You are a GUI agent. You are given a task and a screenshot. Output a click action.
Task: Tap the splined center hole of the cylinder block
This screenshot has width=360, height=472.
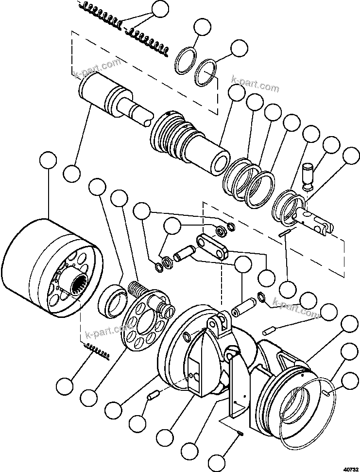(79, 283)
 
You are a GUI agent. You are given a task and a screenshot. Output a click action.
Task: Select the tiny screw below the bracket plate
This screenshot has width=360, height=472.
(241, 435)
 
